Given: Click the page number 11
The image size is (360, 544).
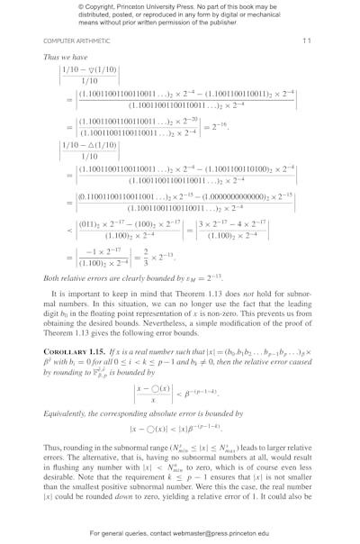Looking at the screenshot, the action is click(306, 41).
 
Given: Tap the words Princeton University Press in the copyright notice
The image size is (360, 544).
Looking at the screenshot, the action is click(158, 6).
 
